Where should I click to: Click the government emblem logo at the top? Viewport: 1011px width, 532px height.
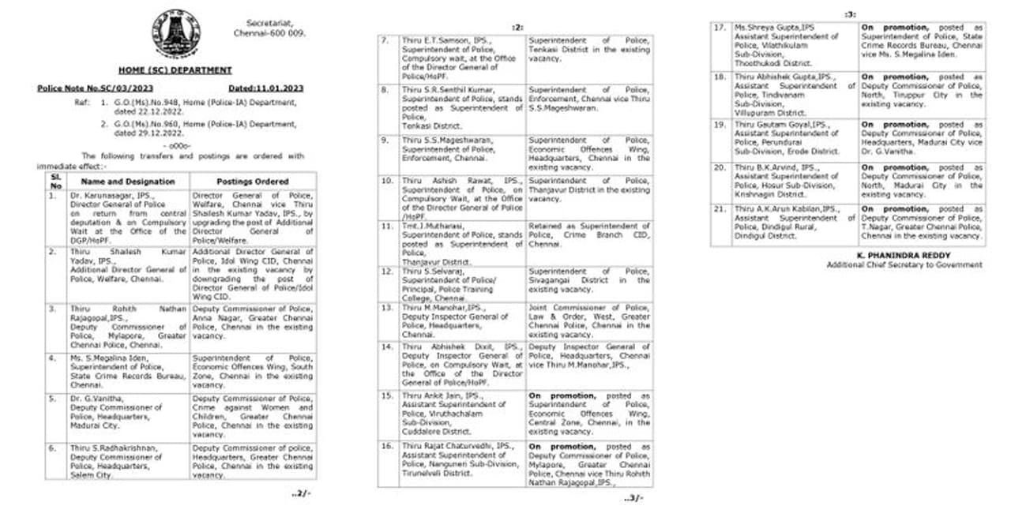click(x=175, y=32)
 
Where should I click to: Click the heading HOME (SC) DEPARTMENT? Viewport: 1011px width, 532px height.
click(x=175, y=70)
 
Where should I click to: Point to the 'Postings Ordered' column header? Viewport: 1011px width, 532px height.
click(x=252, y=181)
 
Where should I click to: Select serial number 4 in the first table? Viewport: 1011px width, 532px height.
click(x=51, y=358)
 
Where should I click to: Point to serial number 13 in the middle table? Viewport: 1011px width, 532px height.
click(x=386, y=308)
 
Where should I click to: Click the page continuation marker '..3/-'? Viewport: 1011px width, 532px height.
click(x=633, y=498)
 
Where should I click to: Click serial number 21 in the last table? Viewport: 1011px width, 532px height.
click(x=720, y=209)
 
